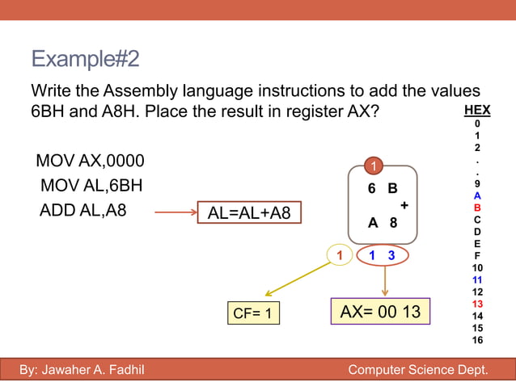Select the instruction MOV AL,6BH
[91, 186]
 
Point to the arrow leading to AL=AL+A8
[176, 213]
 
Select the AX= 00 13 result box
[380, 312]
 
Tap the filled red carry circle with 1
[374, 166]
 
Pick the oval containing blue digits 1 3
[380, 255]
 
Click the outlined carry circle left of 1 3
[340, 255]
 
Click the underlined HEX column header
[477, 111]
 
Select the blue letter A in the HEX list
[477, 195]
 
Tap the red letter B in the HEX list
[477, 208]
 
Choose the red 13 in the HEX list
[477, 304]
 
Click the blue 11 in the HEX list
[477, 279]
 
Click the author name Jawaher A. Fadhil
[81, 371]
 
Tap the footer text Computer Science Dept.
[417, 371]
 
